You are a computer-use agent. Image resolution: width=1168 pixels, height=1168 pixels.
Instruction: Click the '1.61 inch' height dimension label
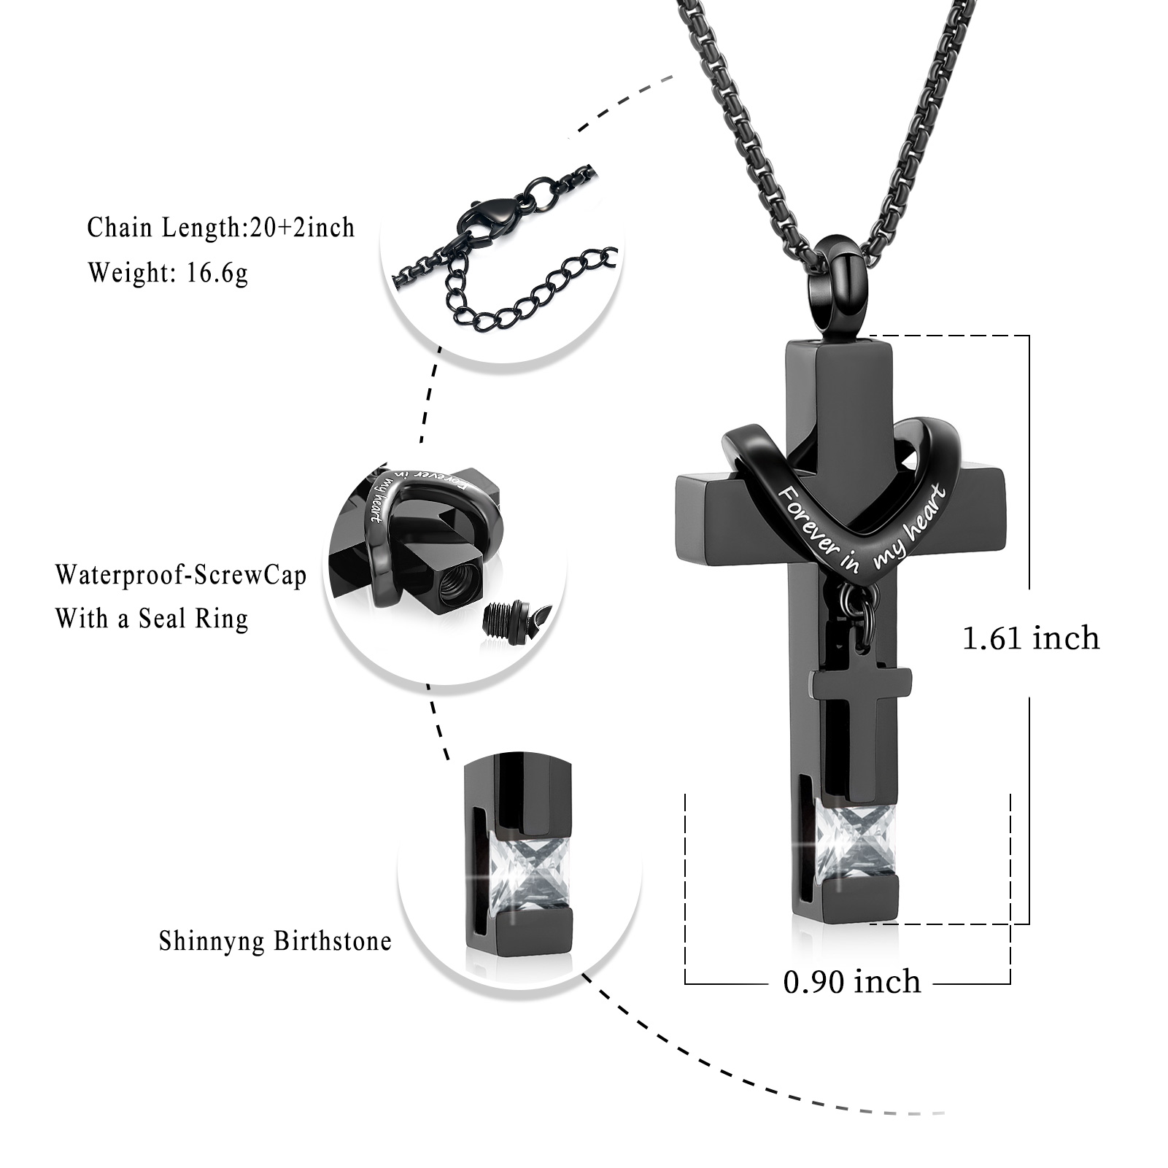1031,638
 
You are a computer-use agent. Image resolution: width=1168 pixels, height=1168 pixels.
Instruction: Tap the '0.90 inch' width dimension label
852,981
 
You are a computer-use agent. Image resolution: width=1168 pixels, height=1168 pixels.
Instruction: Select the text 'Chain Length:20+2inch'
221,228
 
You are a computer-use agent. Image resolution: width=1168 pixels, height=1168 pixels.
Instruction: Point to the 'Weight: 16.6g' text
169,273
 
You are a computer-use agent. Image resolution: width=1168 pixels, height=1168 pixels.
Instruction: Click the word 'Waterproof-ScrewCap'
181,576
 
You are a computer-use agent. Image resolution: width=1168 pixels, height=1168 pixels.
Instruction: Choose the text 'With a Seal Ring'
152,619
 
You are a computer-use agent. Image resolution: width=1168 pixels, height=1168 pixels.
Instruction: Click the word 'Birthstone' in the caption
333,941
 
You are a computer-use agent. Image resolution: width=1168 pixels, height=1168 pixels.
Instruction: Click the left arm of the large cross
727,511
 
